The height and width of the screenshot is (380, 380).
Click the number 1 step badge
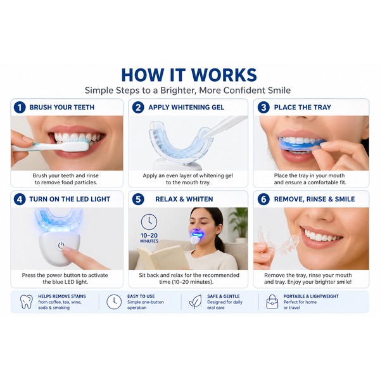20,108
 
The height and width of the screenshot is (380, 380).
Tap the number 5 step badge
138,199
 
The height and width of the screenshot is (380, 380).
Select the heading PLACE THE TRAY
303,107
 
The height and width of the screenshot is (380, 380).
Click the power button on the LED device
61,246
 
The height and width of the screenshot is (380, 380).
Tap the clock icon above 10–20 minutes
149,222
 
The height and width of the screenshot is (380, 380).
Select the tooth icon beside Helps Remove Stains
27,301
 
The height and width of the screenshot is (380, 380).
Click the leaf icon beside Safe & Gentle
195,301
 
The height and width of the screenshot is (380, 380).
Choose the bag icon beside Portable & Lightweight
272,301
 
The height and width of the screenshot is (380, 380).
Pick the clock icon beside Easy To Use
114,301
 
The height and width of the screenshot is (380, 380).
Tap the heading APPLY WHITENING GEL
186,107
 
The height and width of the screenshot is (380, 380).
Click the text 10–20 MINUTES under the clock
149,237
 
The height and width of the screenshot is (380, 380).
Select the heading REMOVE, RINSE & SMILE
314,199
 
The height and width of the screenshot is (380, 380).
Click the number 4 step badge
20,199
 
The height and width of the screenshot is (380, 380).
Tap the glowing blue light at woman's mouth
197,234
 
